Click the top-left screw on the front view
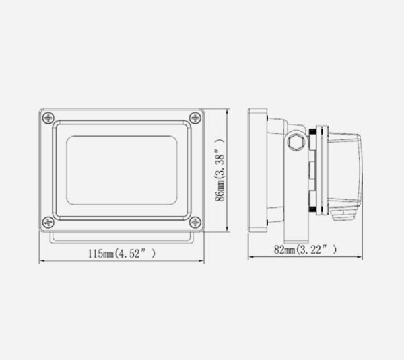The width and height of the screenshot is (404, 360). [47, 117]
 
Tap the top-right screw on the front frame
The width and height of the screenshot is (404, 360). [195, 117]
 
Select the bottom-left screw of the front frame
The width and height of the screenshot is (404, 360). [47, 222]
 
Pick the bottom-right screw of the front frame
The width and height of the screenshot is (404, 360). [195, 222]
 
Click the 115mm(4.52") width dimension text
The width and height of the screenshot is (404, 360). [122, 254]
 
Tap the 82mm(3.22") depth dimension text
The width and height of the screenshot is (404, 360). [305, 250]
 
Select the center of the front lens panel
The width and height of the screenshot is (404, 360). [121, 170]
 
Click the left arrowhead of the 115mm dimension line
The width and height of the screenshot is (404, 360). [42, 260]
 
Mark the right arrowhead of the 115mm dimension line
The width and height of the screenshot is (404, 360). [201, 260]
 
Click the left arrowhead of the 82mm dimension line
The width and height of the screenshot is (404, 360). [250, 256]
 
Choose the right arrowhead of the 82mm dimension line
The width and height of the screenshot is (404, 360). [363, 256]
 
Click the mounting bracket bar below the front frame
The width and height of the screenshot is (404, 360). [121, 237]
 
